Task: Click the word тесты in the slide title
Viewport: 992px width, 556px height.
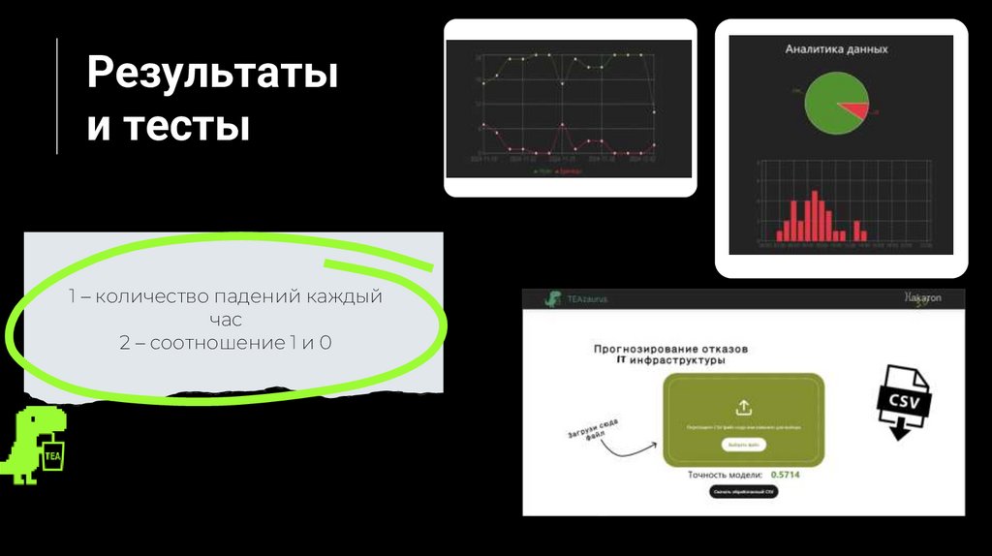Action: point(186,126)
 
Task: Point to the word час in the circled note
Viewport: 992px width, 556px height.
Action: point(225,319)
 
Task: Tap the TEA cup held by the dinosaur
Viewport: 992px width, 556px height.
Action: point(52,454)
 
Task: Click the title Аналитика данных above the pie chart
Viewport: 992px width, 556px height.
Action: point(836,48)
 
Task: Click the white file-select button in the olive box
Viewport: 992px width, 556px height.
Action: point(742,445)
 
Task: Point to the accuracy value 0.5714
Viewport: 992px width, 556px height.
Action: point(785,476)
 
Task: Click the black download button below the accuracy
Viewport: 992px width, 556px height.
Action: point(743,492)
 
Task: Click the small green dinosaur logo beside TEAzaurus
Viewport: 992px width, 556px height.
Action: point(552,299)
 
